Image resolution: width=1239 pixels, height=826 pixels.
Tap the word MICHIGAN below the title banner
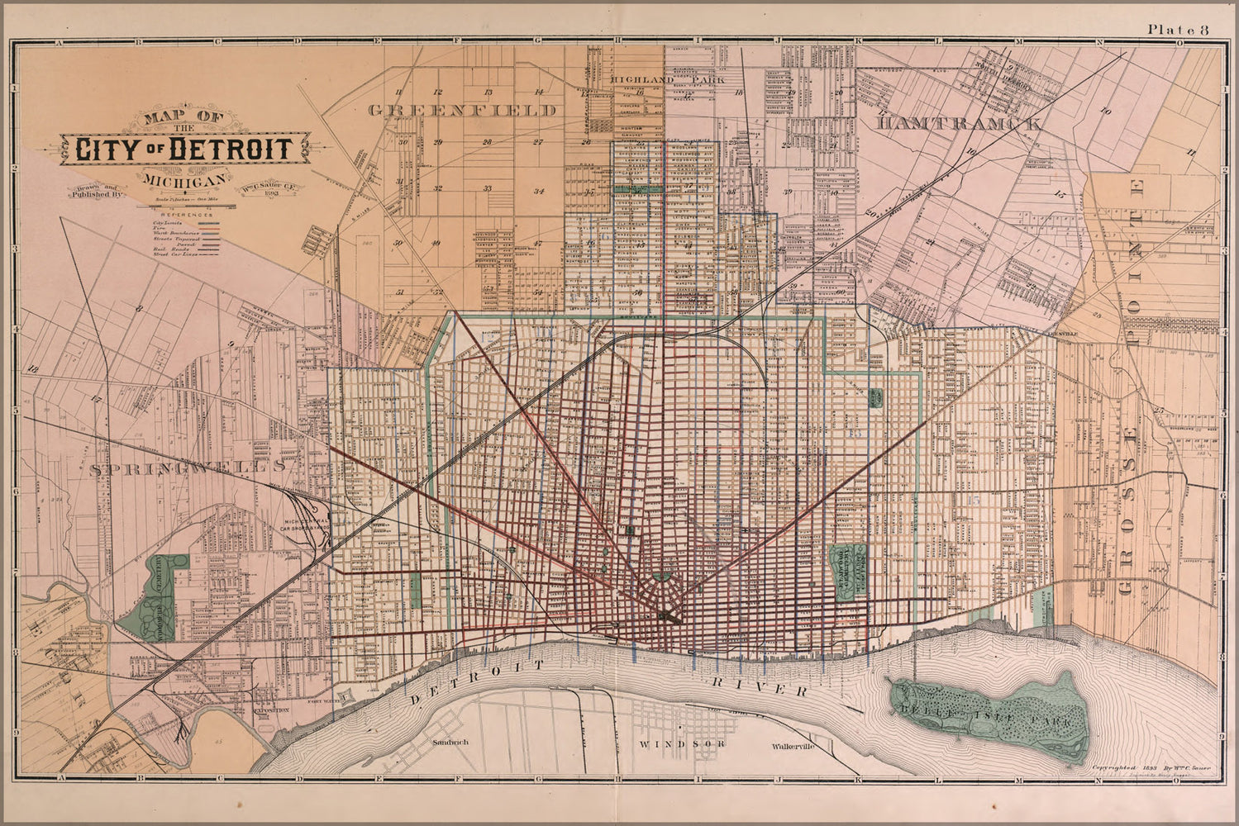(x=184, y=181)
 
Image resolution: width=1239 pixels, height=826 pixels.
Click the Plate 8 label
(x=1177, y=31)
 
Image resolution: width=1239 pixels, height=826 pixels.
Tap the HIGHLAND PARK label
(x=667, y=79)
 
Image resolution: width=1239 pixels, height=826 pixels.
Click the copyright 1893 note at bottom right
(x=1151, y=767)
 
